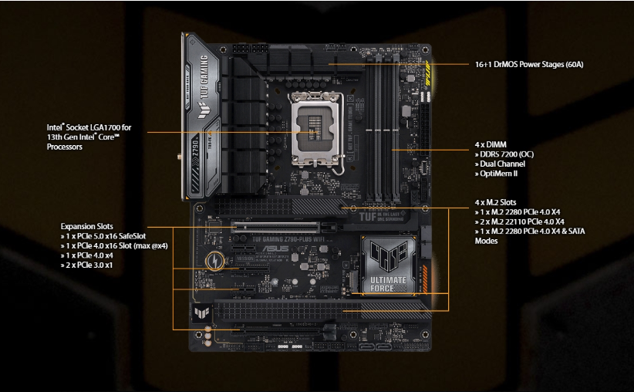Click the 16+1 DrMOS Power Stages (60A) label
pos(529,64)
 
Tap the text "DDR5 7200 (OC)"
pos(506,154)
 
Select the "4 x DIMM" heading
pos(491,144)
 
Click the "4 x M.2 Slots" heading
pos(497,202)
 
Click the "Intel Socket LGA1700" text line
pos(89,127)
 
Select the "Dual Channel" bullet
pos(502,164)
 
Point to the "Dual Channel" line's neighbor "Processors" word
pos(65,146)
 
